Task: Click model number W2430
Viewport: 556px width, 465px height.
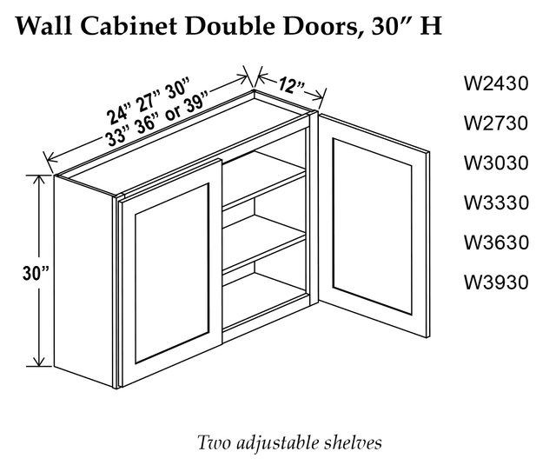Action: [496, 83]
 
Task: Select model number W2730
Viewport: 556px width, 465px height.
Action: [496, 123]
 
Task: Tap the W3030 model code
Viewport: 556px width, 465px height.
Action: [496, 163]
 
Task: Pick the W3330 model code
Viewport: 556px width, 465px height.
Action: [496, 203]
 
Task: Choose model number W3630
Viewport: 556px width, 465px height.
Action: [496, 242]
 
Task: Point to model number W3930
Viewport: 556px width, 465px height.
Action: [496, 282]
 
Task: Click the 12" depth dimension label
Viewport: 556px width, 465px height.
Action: [291, 85]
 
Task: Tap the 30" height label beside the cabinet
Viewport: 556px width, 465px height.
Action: [36, 273]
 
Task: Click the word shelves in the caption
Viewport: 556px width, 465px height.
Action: [353, 443]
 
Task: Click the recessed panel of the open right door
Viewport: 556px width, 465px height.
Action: [373, 226]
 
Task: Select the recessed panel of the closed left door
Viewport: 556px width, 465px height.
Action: [171, 274]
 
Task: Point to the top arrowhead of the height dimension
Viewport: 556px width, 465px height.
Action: [38, 180]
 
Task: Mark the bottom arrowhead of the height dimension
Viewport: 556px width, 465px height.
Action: [38, 361]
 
